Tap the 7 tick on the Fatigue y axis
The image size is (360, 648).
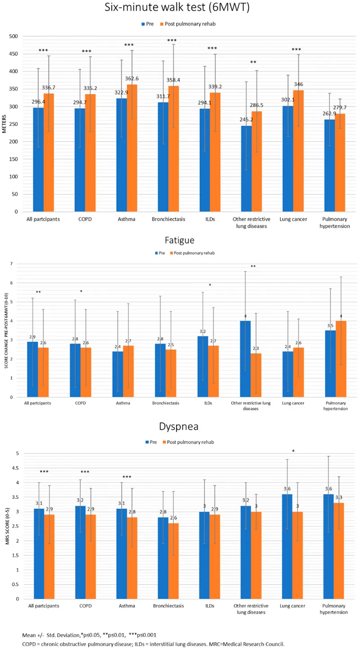18,264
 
